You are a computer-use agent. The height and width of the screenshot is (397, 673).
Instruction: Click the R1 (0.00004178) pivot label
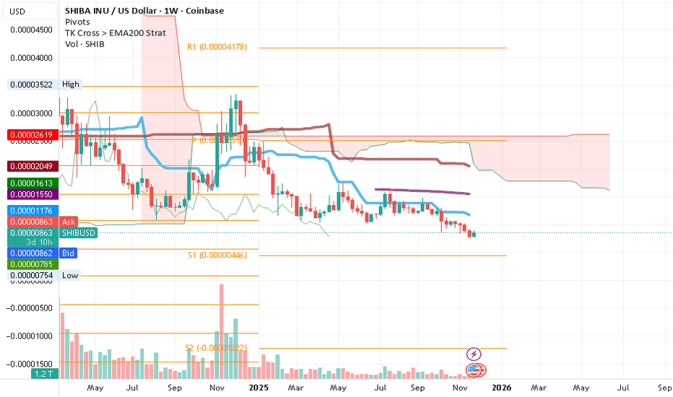(217, 47)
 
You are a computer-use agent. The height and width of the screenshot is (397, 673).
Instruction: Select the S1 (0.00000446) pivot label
(217, 255)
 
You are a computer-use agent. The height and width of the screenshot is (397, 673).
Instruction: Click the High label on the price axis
(71, 84)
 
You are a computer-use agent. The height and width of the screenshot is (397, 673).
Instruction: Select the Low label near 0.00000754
(70, 276)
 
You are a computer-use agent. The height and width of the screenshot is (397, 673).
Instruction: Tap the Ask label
(69, 222)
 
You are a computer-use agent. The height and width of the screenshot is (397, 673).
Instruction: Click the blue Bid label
(69, 253)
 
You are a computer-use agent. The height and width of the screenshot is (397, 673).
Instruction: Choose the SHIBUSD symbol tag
(79, 233)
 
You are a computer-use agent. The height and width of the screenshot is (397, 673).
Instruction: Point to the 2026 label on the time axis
(502, 388)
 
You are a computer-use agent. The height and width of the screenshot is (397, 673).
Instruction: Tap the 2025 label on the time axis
(258, 388)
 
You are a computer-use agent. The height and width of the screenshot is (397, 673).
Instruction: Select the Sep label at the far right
(664, 388)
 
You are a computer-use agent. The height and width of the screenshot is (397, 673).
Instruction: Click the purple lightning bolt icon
(474, 354)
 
